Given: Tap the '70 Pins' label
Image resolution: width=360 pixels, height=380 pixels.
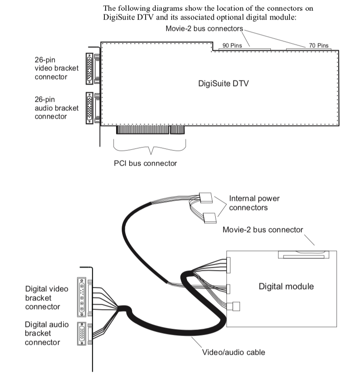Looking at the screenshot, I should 319,45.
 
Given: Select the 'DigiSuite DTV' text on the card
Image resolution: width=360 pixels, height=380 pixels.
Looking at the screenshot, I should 223,83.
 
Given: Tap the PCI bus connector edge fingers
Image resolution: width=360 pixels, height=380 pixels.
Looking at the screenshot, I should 150,130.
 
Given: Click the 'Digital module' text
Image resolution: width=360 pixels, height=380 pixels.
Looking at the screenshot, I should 286,286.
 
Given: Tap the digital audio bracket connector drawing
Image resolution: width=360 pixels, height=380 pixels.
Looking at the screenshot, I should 81,334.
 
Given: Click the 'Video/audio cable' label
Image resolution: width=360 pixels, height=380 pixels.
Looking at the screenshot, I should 233,352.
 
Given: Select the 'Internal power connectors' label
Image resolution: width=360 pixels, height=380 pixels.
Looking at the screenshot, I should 254,203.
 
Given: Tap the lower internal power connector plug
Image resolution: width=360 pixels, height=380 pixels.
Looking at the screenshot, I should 210,217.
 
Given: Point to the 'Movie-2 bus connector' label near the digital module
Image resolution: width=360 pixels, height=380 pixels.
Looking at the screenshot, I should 263,230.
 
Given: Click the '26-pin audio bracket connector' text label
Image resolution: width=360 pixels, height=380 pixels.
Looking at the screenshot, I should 57,108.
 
